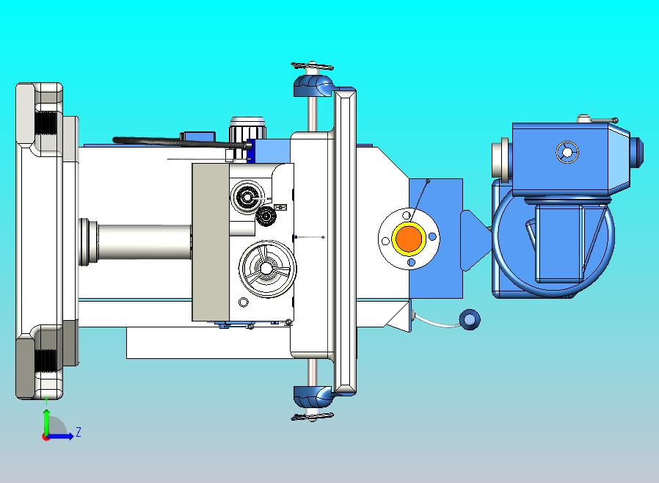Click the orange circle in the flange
(x=409, y=239)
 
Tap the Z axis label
(x=79, y=432)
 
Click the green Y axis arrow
(x=46, y=422)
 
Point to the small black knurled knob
(x=265, y=216)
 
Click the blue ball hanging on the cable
(x=469, y=320)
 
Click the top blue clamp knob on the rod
(x=313, y=85)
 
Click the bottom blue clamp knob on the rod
(x=313, y=396)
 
